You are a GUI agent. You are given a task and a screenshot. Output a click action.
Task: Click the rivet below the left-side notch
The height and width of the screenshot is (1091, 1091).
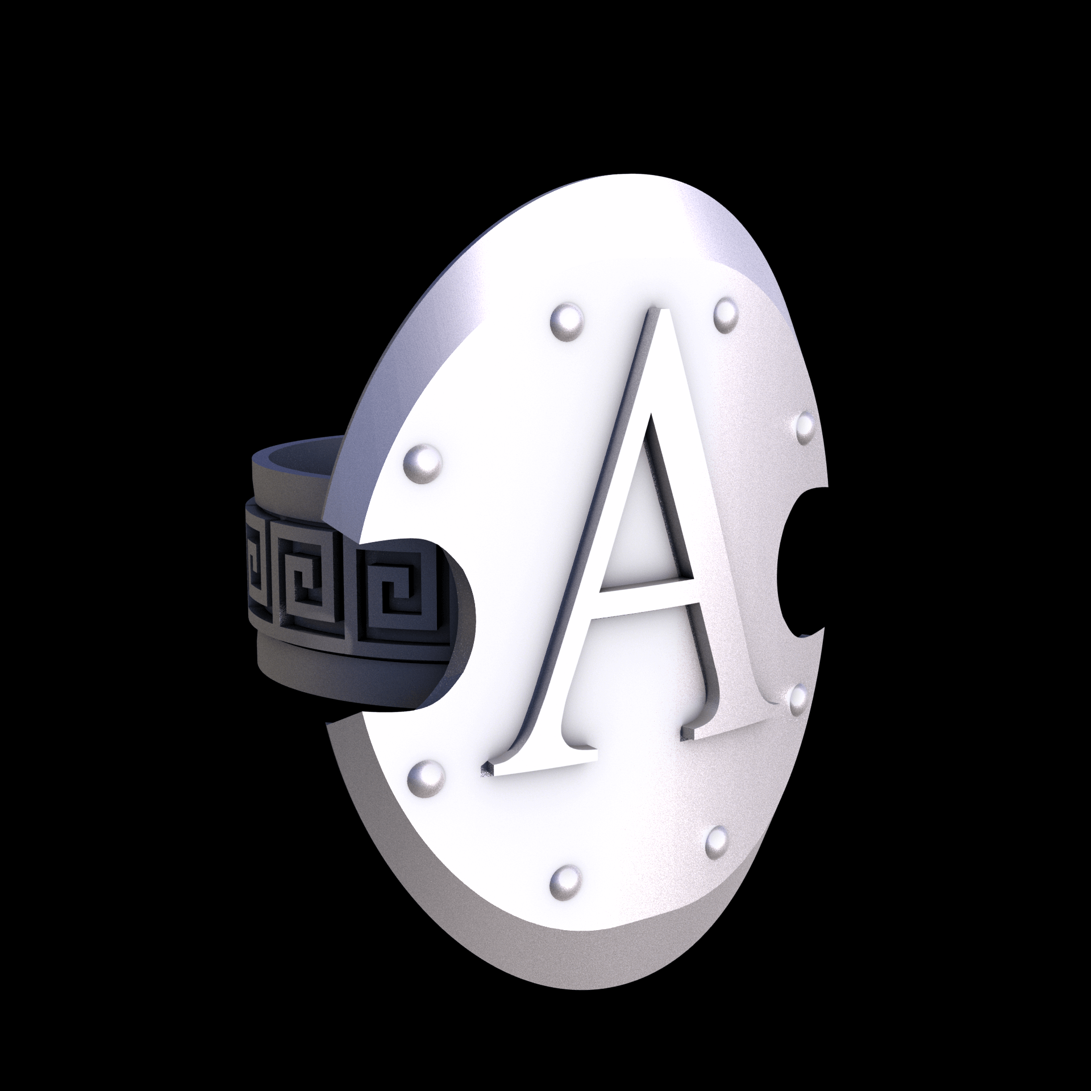425,776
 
